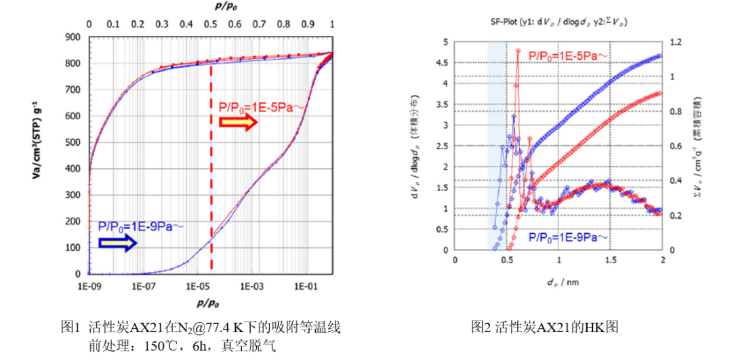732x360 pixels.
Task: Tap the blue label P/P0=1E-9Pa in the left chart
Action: [x=141, y=227]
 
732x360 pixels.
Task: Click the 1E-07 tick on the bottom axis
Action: [x=144, y=285]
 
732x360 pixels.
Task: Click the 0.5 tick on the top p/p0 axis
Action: [x=211, y=24]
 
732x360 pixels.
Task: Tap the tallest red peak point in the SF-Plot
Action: [x=518, y=50]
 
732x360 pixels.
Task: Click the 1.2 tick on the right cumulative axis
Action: [x=673, y=42]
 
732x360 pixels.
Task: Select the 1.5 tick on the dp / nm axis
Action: [x=610, y=260]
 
